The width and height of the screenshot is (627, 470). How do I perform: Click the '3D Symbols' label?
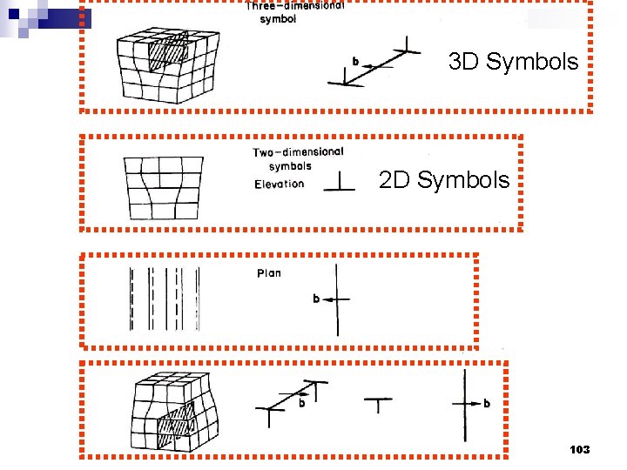[x=513, y=62]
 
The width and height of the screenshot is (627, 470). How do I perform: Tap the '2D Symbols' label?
[x=444, y=180]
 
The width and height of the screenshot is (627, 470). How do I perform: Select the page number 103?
[x=579, y=449]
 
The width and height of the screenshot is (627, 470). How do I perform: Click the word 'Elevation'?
[x=280, y=184]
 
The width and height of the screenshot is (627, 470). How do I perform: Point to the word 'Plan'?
[x=269, y=273]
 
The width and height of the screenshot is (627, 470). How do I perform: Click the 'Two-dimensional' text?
[x=298, y=152]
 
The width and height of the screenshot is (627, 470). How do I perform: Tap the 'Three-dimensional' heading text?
[x=294, y=6]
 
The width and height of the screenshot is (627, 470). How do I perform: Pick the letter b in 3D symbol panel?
[x=355, y=62]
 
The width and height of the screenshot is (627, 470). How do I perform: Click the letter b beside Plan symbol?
[x=317, y=299]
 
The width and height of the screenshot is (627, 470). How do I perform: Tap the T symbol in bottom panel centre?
[x=377, y=405]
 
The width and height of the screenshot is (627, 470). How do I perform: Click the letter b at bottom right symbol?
[x=487, y=403]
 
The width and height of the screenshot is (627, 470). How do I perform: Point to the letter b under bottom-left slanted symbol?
[x=302, y=403]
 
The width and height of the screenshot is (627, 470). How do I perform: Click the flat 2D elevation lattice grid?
[x=164, y=188]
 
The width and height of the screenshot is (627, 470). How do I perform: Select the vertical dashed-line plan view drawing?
[x=165, y=299]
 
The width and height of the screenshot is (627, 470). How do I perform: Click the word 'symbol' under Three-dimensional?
[x=278, y=19]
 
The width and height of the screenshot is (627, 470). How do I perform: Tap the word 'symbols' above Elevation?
[x=290, y=166]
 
